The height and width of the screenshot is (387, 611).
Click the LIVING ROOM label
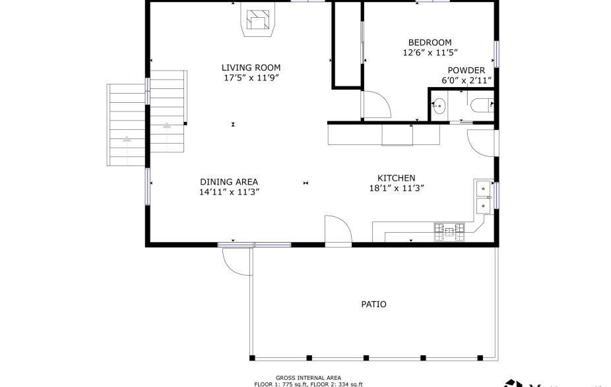[251, 67]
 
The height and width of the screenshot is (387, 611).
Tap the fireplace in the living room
[257, 22]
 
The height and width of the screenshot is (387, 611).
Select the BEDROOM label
[430, 42]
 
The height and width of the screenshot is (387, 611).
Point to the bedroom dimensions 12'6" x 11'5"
[430, 52]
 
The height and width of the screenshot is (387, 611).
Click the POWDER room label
[466, 71]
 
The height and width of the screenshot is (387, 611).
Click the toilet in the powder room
[481, 104]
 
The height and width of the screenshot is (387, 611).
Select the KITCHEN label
[396, 178]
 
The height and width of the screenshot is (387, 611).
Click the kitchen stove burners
[449, 231]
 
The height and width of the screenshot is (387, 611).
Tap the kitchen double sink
[484, 196]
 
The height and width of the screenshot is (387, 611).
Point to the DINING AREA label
[229, 182]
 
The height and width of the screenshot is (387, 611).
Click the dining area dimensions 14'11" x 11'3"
[229, 193]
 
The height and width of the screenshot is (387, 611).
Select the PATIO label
[373, 305]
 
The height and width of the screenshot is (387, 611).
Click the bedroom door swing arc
[375, 105]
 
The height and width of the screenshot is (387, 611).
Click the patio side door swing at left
[236, 260]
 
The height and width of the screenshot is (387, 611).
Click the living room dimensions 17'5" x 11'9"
[251, 78]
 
